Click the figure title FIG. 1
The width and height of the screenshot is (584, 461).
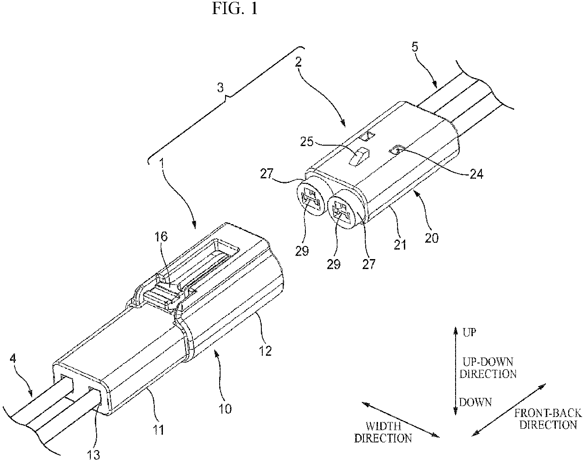click(x=235, y=9)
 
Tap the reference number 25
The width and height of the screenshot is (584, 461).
click(x=307, y=142)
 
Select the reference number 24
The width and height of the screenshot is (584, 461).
click(x=476, y=174)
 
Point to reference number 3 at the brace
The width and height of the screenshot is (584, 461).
click(x=221, y=88)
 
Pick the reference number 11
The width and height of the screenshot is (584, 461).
click(x=159, y=430)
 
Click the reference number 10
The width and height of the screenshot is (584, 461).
click(x=225, y=409)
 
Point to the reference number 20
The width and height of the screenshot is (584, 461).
click(x=432, y=238)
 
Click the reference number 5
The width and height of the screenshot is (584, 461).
click(x=415, y=47)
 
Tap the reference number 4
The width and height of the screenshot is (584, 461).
click(x=13, y=359)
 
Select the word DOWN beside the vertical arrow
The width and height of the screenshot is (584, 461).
click(x=475, y=402)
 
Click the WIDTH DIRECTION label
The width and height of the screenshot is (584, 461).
click(x=383, y=432)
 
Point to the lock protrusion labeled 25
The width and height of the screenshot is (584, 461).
click(x=357, y=157)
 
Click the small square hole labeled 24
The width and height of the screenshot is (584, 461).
click(x=397, y=149)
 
